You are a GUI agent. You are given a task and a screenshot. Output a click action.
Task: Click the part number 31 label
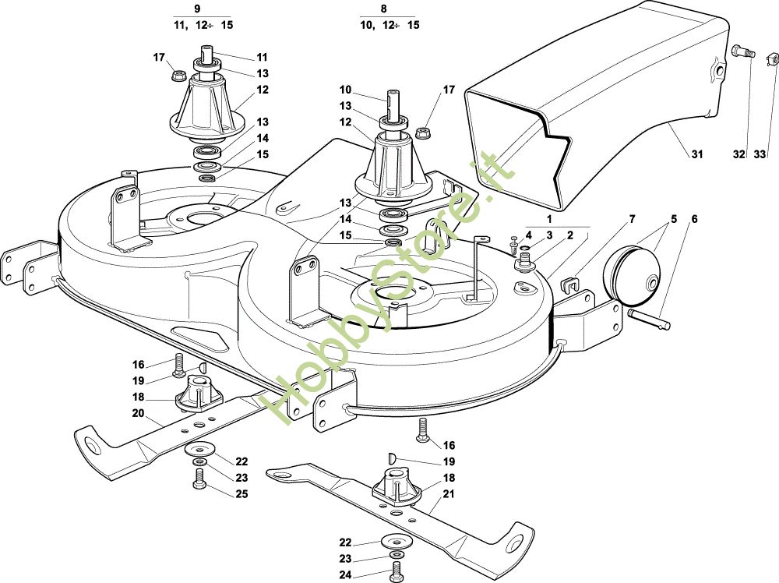696,154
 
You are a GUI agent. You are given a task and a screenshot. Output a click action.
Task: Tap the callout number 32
739,154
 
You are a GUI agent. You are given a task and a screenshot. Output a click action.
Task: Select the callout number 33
760,154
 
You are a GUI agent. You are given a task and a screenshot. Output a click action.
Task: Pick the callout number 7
632,219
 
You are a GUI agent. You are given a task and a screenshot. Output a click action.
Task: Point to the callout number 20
138,414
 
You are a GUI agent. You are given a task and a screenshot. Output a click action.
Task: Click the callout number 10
345,89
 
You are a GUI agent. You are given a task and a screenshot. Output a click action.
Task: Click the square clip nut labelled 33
774,58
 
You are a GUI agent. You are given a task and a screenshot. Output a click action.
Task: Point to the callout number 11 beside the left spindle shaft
262,57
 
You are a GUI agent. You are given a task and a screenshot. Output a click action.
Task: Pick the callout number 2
570,235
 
